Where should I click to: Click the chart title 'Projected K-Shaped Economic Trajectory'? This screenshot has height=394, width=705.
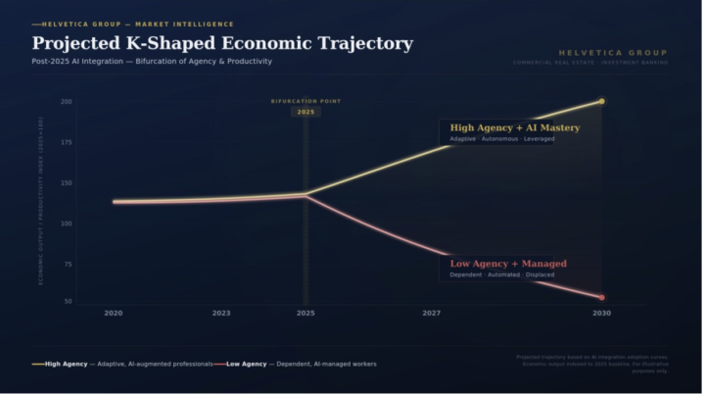click(x=222, y=44)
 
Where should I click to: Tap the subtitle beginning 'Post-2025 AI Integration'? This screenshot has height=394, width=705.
click(x=152, y=62)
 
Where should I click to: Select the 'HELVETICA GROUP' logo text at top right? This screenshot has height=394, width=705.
click(x=612, y=52)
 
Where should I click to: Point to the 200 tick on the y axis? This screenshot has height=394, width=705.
click(x=67, y=102)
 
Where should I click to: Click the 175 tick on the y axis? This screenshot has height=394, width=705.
click(x=67, y=142)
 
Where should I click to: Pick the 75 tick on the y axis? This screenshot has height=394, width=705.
click(x=67, y=265)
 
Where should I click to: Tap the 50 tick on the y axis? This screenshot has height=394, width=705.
click(x=68, y=301)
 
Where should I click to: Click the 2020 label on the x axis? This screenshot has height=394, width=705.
click(x=114, y=313)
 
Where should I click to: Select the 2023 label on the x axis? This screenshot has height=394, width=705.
click(x=221, y=313)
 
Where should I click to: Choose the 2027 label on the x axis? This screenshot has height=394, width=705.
click(x=431, y=313)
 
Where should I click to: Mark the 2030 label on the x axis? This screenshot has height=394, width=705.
click(x=601, y=313)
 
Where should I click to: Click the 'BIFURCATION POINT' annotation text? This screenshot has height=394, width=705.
click(x=305, y=101)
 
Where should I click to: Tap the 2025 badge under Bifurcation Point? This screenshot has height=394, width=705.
click(x=305, y=112)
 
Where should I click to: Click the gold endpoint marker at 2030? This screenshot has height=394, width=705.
click(x=601, y=101)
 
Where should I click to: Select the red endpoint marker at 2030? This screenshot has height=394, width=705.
click(x=601, y=298)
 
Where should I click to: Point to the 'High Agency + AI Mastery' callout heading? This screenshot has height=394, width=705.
click(x=514, y=127)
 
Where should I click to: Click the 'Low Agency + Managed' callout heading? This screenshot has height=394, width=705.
click(x=507, y=264)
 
